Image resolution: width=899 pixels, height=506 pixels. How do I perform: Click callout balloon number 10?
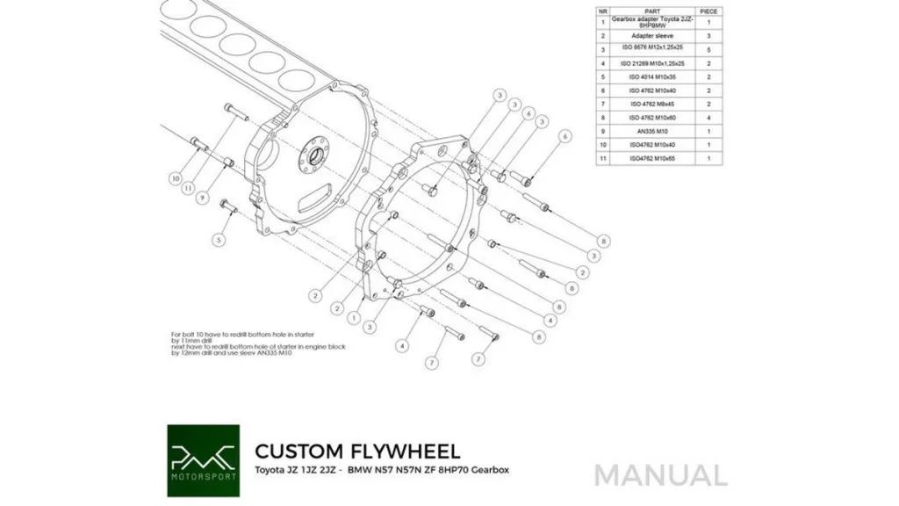[176, 176]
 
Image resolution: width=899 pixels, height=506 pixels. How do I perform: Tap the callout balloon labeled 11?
[188, 187]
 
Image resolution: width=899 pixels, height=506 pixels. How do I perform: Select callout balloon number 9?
[201, 198]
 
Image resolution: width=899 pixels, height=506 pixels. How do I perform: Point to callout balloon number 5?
[219, 238]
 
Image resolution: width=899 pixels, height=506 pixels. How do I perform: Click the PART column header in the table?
[651, 11]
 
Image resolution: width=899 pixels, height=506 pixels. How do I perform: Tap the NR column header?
[603, 11]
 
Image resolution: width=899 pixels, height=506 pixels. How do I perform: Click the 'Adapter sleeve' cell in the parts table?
[651, 36]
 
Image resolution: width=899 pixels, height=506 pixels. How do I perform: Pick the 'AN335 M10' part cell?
[651, 130]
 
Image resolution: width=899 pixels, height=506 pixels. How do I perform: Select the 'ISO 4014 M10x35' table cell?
[651, 76]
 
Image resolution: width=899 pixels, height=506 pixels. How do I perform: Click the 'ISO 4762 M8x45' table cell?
[651, 104]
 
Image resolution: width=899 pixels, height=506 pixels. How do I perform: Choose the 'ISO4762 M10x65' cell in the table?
[651, 157]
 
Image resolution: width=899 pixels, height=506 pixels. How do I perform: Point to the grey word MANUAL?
[660, 475]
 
